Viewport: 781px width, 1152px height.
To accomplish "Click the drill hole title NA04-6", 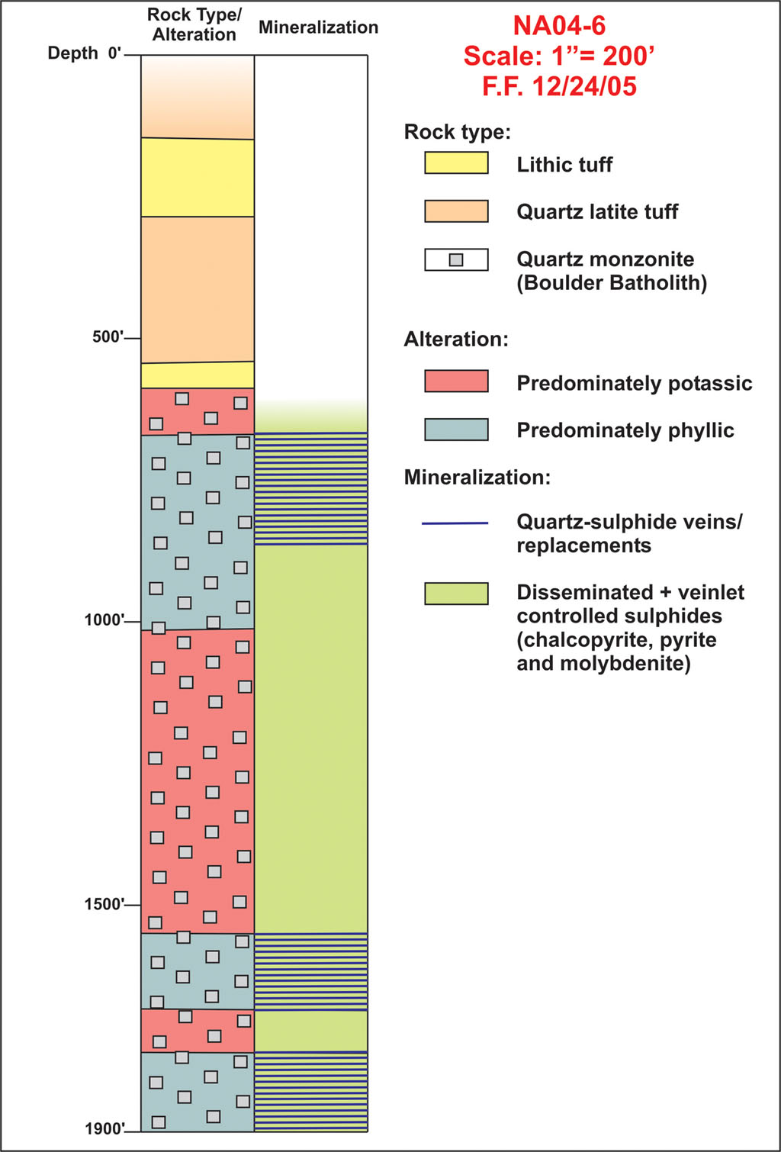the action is click(559, 26).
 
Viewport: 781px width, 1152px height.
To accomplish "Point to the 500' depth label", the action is click(108, 337).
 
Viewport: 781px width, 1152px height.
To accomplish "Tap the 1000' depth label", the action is click(104, 619).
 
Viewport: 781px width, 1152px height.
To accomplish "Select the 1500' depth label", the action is click(104, 903).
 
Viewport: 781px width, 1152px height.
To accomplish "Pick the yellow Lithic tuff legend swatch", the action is click(456, 163).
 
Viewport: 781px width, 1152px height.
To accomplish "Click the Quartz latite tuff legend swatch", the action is click(456, 211).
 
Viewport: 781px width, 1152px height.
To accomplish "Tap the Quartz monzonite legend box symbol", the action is click(456, 259).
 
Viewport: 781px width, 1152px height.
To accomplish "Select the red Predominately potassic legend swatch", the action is click(456, 381).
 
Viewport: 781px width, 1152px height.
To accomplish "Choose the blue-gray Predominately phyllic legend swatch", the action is click(456, 430).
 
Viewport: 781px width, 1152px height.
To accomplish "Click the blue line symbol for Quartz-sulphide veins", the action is click(455, 523).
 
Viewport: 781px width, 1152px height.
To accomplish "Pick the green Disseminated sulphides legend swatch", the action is click(456, 594).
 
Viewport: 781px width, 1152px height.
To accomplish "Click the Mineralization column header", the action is click(318, 27).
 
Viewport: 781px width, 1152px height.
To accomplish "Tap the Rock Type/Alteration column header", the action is click(194, 24).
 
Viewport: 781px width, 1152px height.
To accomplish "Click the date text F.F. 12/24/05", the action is click(559, 86).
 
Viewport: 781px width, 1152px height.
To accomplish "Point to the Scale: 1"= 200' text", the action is click(559, 56).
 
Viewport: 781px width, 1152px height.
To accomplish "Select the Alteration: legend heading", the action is click(456, 339).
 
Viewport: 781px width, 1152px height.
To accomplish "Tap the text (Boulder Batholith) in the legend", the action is click(612, 283).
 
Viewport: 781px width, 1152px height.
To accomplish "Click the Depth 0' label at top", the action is click(85, 53).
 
